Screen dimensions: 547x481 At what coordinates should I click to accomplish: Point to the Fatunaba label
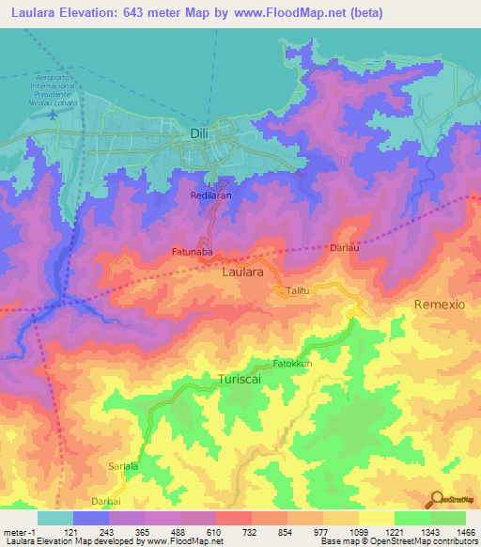pyautogui.click(x=194, y=252)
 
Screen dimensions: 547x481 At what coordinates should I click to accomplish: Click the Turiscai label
pyautogui.click(x=218, y=379)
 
